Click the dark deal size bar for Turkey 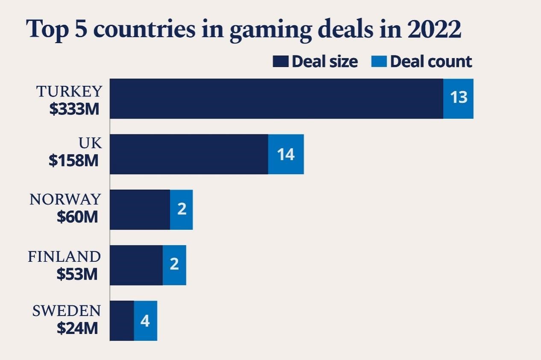click(276, 99)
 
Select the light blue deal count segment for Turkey click(459, 99)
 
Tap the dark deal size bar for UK click(189, 154)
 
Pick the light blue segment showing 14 click(286, 154)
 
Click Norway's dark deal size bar click(140, 210)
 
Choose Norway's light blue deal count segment click(182, 210)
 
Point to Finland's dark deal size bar click(136, 265)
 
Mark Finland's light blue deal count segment click(174, 265)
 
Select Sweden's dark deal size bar click(122, 321)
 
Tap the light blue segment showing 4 click(146, 321)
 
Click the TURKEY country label click(69, 91)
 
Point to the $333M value click(74, 109)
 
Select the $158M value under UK click(74, 161)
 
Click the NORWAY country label click(65, 199)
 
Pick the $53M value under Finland click(77, 274)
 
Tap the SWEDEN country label click(67, 311)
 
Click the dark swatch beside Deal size click(281, 62)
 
